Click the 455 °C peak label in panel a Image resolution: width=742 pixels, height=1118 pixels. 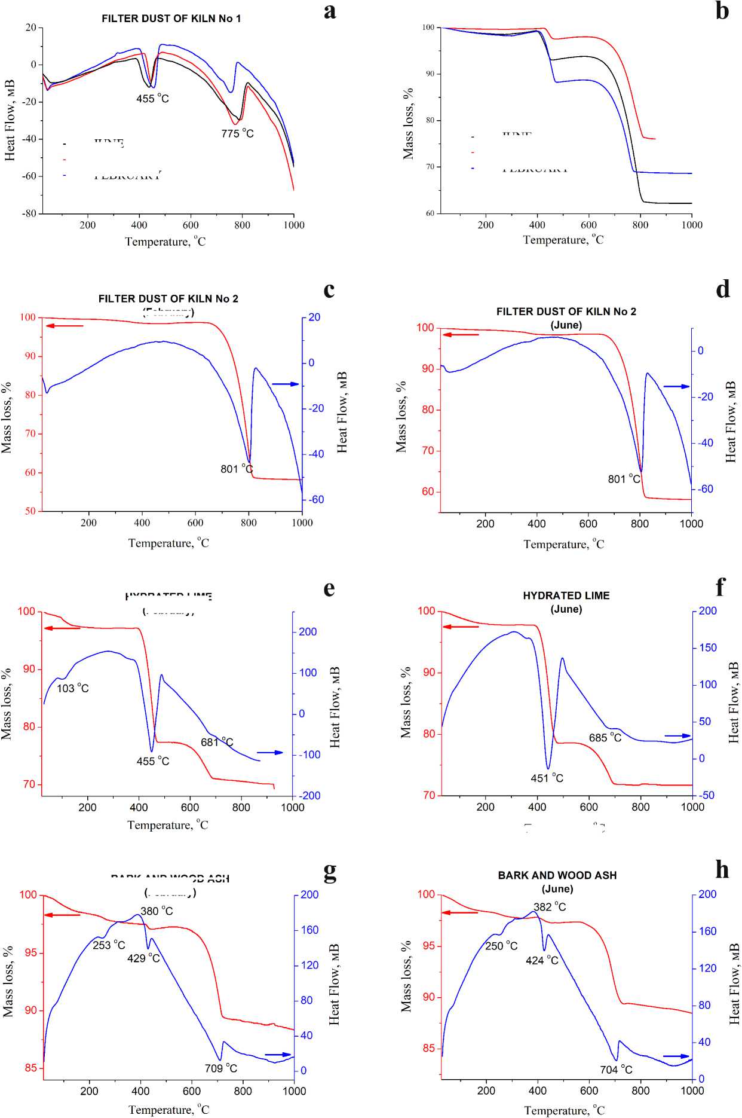coord(152,99)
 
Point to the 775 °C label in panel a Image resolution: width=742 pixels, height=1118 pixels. coord(237,133)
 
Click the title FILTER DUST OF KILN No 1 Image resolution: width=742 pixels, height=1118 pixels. coord(171,19)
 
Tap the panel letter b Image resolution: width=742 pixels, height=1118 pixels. coord(722,11)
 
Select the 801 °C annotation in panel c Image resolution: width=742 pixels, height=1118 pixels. coord(237,469)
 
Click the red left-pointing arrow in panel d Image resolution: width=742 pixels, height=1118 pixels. coord(461,335)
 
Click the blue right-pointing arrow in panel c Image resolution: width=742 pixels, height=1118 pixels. coord(285,384)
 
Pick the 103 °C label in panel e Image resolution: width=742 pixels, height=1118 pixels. coord(73,688)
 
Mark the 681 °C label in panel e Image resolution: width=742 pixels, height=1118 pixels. coord(217,742)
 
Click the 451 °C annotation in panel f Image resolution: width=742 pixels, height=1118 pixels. coord(547,778)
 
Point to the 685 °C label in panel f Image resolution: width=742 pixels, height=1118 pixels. coord(605,738)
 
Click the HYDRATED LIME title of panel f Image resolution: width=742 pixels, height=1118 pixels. coord(566,595)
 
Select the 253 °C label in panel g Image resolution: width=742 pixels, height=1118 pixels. coord(109,945)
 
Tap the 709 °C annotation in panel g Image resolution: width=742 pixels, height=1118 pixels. coord(221,1068)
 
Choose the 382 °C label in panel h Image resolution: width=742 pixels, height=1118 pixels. coord(550,907)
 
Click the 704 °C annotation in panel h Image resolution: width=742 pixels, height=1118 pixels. coord(616,1070)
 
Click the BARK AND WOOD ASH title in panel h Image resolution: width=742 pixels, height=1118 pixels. coord(557,875)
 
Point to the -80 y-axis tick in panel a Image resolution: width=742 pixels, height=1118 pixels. coord(29,213)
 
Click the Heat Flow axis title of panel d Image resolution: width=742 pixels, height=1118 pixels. coord(731,421)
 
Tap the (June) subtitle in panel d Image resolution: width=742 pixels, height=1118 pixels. coord(566,325)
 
